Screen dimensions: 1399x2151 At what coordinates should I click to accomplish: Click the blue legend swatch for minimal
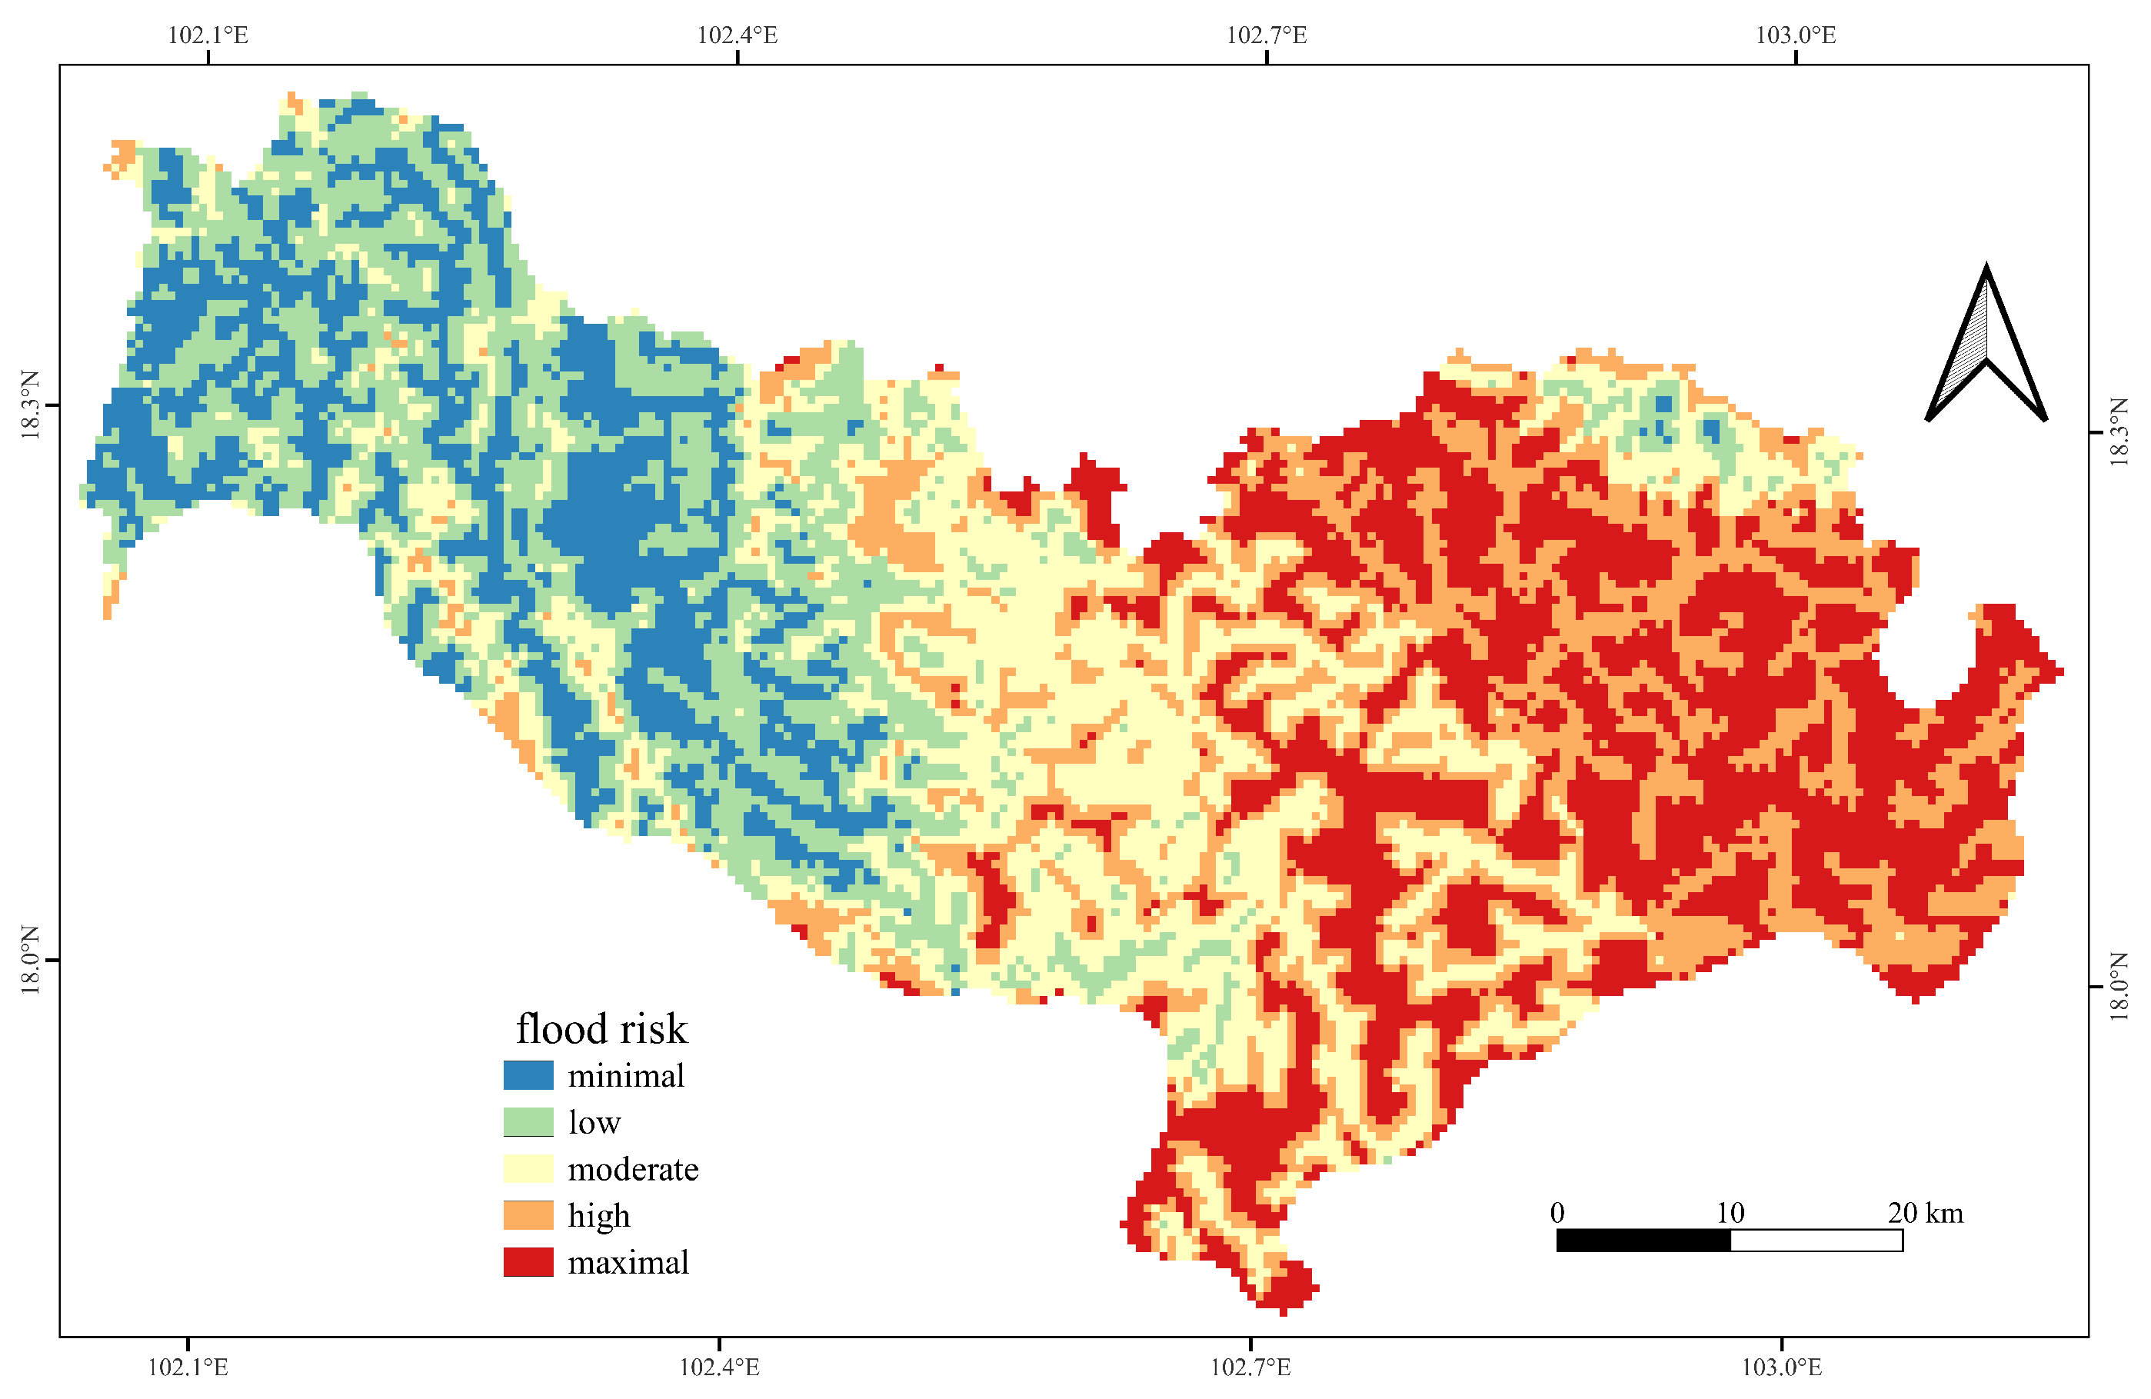pyautogui.click(x=528, y=1074)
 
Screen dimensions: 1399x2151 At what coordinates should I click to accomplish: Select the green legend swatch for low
pyautogui.click(x=528, y=1121)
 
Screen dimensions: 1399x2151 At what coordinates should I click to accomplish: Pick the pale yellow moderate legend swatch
pyautogui.click(x=528, y=1168)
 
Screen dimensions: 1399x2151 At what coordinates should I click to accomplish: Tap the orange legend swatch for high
pyautogui.click(x=528, y=1214)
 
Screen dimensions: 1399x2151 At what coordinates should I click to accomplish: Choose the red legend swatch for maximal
pyautogui.click(x=528, y=1261)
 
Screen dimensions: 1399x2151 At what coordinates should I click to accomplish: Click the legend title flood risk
pyautogui.click(x=601, y=1028)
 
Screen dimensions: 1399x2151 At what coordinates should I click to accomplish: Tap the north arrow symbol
pyautogui.click(x=1986, y=348)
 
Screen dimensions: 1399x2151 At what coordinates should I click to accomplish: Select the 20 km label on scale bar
pyautogui.click(x=1925, y=1213)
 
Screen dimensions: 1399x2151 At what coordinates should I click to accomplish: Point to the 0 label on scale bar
pyautogui.click(x=1557, y=1213)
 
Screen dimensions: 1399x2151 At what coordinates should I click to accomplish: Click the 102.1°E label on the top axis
pyautogui.click(x=208, y=35)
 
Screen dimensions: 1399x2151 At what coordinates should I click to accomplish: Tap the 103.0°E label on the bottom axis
pyautogui.click(x=1781, y=1367)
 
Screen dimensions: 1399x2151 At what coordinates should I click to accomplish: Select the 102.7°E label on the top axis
pyautogui.click(x=1266, y=35)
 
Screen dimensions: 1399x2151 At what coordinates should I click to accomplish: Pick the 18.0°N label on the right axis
pyautogui.click(x=2119, y=986)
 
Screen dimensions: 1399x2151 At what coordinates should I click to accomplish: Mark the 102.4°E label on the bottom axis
pyautogui.click(x=718, y=1367)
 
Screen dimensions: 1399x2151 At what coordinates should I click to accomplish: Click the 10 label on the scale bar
pyautogui.click(x=1730, y=1213)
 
